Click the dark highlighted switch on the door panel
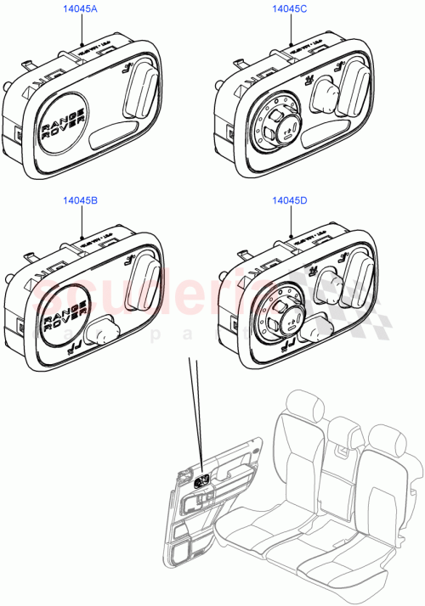click(204, 481)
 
